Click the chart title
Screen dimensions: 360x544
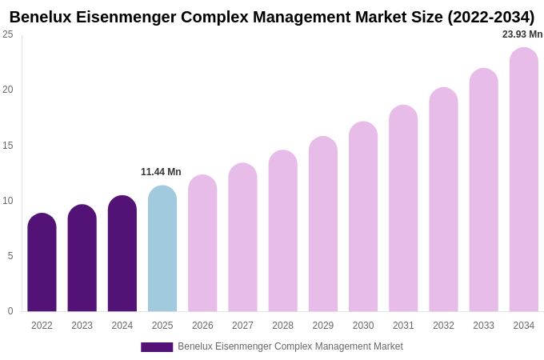pyautogui.click(x=272, y=17)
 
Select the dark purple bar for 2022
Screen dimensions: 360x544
pyautogui.click(x=42, y=264)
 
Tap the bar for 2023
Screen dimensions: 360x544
pyautogui.click(x=82, y=260)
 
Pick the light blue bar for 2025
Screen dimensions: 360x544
pyautogui.click(x=162, y=250)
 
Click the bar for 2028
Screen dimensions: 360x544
pyautogui.click(x=282, y=232)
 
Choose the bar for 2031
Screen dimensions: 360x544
pyautogui.click(x=403, y=210)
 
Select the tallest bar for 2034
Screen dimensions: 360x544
pyautogui.click(x=523, y=180)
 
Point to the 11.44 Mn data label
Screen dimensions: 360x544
pyautogui.click(x=161, y=172)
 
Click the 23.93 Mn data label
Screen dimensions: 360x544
pyautogui.click(x=522, y=34)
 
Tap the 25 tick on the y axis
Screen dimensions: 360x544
pyautogui.click(x=8, y=34)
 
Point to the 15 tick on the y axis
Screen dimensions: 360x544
pyautogui.click(x=8, y=146)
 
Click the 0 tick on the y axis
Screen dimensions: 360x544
pyautogui.click(x=10, y=311)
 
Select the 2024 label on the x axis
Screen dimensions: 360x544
pyautogui.click(x=122, y=326)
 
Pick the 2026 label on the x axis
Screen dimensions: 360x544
pyautogui.click(x=202, y=326)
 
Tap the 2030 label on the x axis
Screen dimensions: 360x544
pyautogui.click(x=363, y=326)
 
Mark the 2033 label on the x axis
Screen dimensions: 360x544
pyautogui.click(x=483, y=326)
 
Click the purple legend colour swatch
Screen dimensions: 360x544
pyautogui.click(x=157, y=347)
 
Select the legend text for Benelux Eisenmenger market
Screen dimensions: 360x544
pyautogui.click(x=290, y=346)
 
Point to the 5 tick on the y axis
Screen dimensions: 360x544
pyautogui.click(x=10, y=256)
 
